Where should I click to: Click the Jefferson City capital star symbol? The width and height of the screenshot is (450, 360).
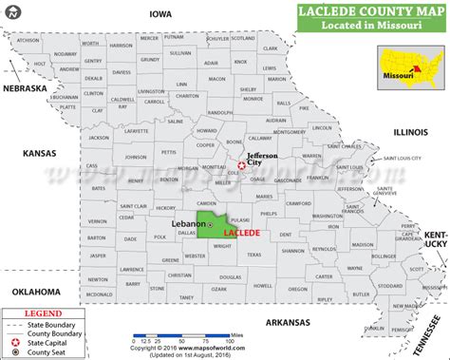coord(241,166)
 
